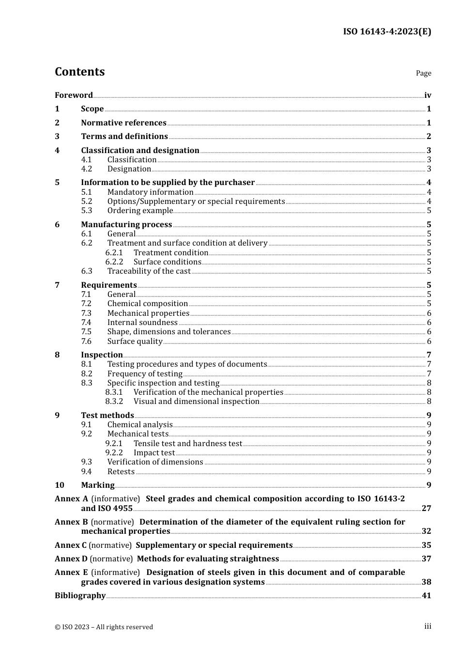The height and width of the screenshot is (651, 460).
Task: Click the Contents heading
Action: pyautogui.click(x=79, y=72)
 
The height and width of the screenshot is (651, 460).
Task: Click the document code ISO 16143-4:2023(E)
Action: pyautogui.click(x=387, y=31)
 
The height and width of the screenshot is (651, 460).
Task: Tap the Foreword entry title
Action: pyautogui.click(x=74, y=95)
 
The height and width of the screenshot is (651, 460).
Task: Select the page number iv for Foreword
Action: pyautogui.click(x=428, y=95)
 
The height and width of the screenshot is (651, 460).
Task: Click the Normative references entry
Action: pyautogui.click(x=123, y=123)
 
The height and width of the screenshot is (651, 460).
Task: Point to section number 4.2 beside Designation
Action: pyautogui.click(x=86, y=169)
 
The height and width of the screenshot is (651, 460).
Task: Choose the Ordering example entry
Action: pyautogui.click(x=140, y=211)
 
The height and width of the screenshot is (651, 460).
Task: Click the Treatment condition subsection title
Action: pyautogui.click(x=170, y=253)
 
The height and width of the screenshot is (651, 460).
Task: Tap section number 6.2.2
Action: pyautogui.click(x=114, y=262)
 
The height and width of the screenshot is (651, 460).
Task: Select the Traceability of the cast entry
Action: pyautogui.click(x=149, y=271)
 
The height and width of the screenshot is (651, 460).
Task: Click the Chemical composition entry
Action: pyautogui.click(x=147, y=304)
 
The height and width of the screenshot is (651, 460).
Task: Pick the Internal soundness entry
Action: pyautogui.click(x=142, y=323)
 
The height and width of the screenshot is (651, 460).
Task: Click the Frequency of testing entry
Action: pyautogui.click(x=145, y=374)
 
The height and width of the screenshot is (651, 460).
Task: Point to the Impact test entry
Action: pyautogui.click(x=154, y=453)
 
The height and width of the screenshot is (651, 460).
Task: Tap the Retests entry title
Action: pyautogui.click(x=121, y=472)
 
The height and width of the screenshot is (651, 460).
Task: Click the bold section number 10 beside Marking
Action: pyautogui.click(x=59, y=485)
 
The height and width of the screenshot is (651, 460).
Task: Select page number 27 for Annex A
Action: pyautogui.click(x=426, y=509)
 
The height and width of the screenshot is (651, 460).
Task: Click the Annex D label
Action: pyautogui.click(x=71, y=559)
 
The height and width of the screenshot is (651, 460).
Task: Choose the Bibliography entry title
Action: pyautogui.click(x=80, y=596)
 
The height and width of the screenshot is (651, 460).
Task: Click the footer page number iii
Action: pyautogui.click(x=428, y=626)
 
